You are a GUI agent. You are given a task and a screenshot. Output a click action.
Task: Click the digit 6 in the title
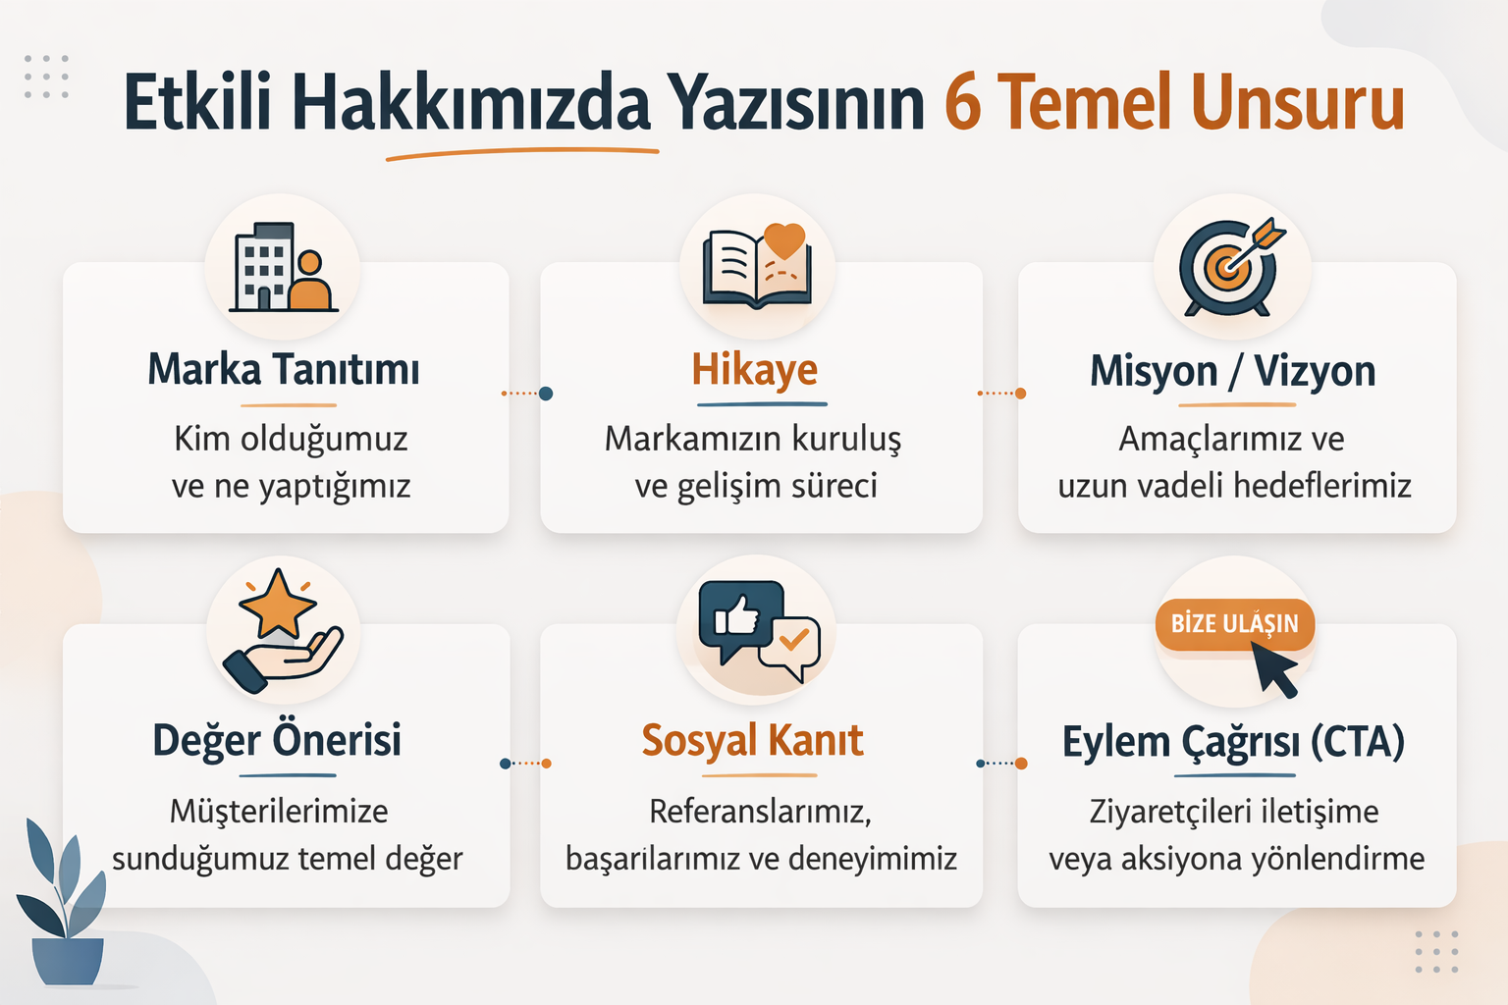963,102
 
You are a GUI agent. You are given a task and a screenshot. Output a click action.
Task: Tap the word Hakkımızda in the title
470,102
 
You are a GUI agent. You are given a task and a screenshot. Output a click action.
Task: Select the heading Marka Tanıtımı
284,370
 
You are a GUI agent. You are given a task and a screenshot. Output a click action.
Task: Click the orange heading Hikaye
755,371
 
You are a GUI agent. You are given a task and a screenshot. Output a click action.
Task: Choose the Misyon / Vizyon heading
1233,371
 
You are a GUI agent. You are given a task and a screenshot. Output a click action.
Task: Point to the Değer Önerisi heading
277,740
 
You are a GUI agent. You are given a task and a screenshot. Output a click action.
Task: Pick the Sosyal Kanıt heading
752,740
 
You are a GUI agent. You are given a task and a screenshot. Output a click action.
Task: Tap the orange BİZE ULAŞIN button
1234,624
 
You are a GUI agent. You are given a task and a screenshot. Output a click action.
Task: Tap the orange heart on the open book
784,239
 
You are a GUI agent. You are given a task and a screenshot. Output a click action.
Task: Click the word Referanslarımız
760,812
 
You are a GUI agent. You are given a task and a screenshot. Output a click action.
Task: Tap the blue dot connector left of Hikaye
546,394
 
